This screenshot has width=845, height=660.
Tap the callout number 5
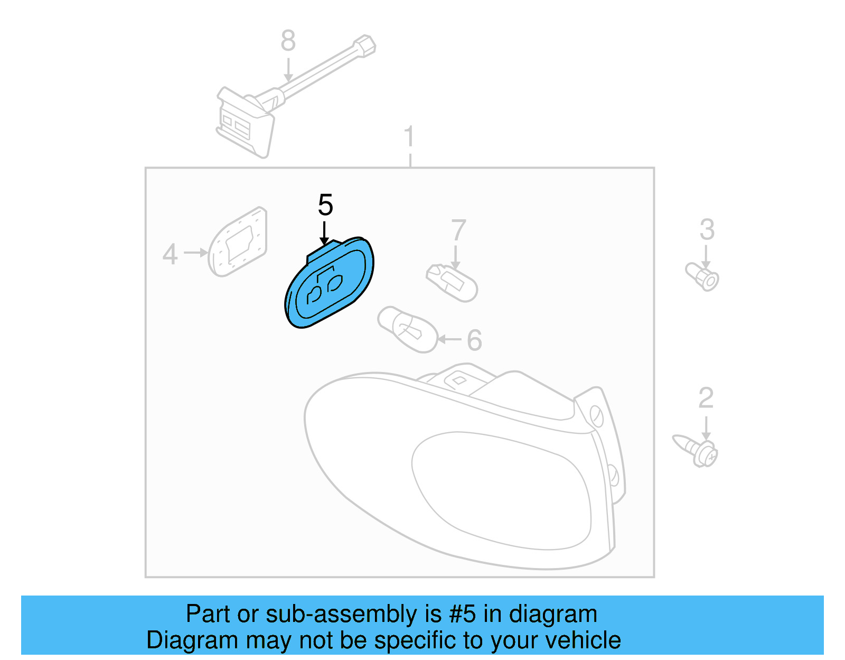pyautogui.click(x=325, y=205)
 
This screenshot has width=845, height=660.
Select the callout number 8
pyautogui.click(x=288, y=41)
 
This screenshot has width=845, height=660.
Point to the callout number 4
pyautogui.click(x=170, y=254)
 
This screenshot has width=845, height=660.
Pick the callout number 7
pyautogui.click(x=458, y=230)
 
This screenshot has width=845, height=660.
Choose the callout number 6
pyautogui.click(x=474, y=340)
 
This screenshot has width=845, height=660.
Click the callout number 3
pyautogui.click(x=707, y=230)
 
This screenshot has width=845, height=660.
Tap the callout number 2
pyautogui.click(x=706, y=398)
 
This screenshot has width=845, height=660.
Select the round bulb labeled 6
pyautogui.click(x=408, y=329)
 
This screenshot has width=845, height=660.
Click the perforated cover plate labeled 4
pyautogui.click(x=238, y=241)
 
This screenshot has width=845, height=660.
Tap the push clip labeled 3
pyautogui.click(x=703, y=276)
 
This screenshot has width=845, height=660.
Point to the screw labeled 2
pyautogui.click(x=697, y=451)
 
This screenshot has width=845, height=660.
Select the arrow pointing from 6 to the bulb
pyautogui.click(x=449, y=339)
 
